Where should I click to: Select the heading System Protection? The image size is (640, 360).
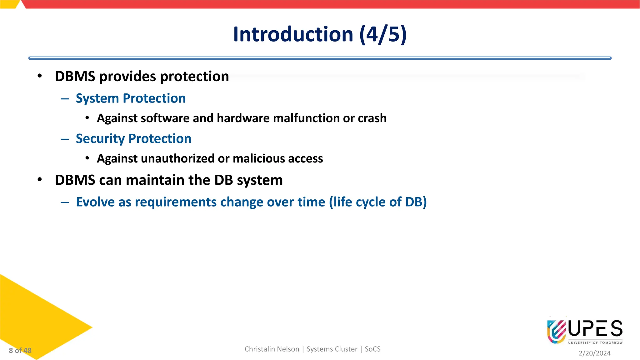pos(131,98)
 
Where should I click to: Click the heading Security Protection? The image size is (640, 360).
pos(133,139)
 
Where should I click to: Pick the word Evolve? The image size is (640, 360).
pos(95,202)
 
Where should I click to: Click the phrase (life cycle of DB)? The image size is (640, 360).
pos(377,202)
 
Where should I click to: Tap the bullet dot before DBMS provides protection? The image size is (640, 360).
pos(39,76)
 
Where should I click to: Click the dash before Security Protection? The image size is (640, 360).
pos(65,139)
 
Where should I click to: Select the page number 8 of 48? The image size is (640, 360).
pos(20,351)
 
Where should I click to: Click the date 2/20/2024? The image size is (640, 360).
pos(594,353)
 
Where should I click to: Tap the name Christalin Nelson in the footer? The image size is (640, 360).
pos(272,349)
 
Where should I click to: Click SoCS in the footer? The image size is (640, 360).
pos(372,349)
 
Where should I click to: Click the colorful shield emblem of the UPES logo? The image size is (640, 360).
pos(556,331)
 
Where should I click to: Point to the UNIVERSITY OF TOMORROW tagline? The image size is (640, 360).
pos(595,343)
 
